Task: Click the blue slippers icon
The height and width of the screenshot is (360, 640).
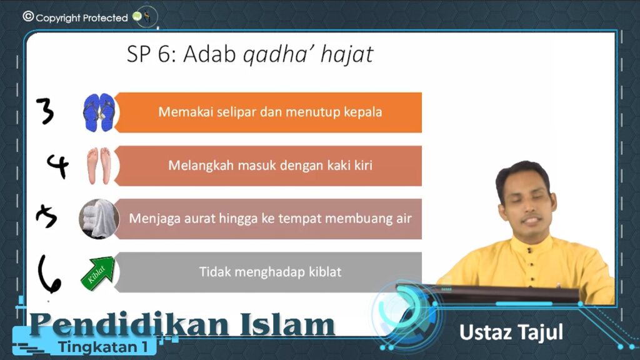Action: [x=99, y=112]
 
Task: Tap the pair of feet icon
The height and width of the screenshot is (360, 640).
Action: [x=99, y=166]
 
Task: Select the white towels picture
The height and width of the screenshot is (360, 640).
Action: [x=99, y=219]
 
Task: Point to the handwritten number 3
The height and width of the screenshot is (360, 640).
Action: [x=45, y=111]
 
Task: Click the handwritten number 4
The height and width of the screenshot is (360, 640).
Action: [x=57, y=166]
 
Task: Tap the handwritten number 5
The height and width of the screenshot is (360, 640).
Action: [x=46, y=216]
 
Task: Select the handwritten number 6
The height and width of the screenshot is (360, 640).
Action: [x=49, y=274]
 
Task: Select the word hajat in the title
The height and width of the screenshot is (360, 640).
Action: [x=347, y=55]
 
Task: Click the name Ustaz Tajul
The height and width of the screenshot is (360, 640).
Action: [x=511, y=332]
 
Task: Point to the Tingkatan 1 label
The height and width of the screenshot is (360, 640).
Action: [x=102, y=347]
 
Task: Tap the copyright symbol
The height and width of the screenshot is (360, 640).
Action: [x=28, y=16]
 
